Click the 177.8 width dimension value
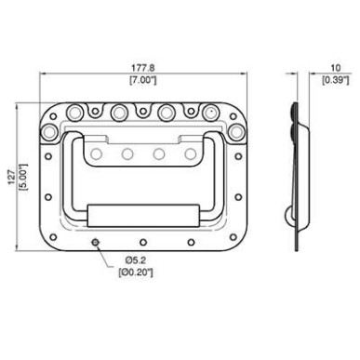pyautogui.click(x=143, y=67)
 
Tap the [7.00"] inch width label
pyautogui.click(x=143, y=80)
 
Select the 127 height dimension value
pyautogui.click(x=12, y=177)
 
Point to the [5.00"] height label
pyautogui.click(x=23, y=177)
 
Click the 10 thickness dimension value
pyautogui.click(x=336, y=68)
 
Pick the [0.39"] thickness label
pyautogui.click(x=336, y=80)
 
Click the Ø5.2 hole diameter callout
pyautogui.click(x=136, y=260)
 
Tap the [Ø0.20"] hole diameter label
pyautogui.click(x=136, y=273)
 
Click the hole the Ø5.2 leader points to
pyautogui.click(x=96, y=242)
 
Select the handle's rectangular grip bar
pyautogui.click(x=143, y=215)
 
